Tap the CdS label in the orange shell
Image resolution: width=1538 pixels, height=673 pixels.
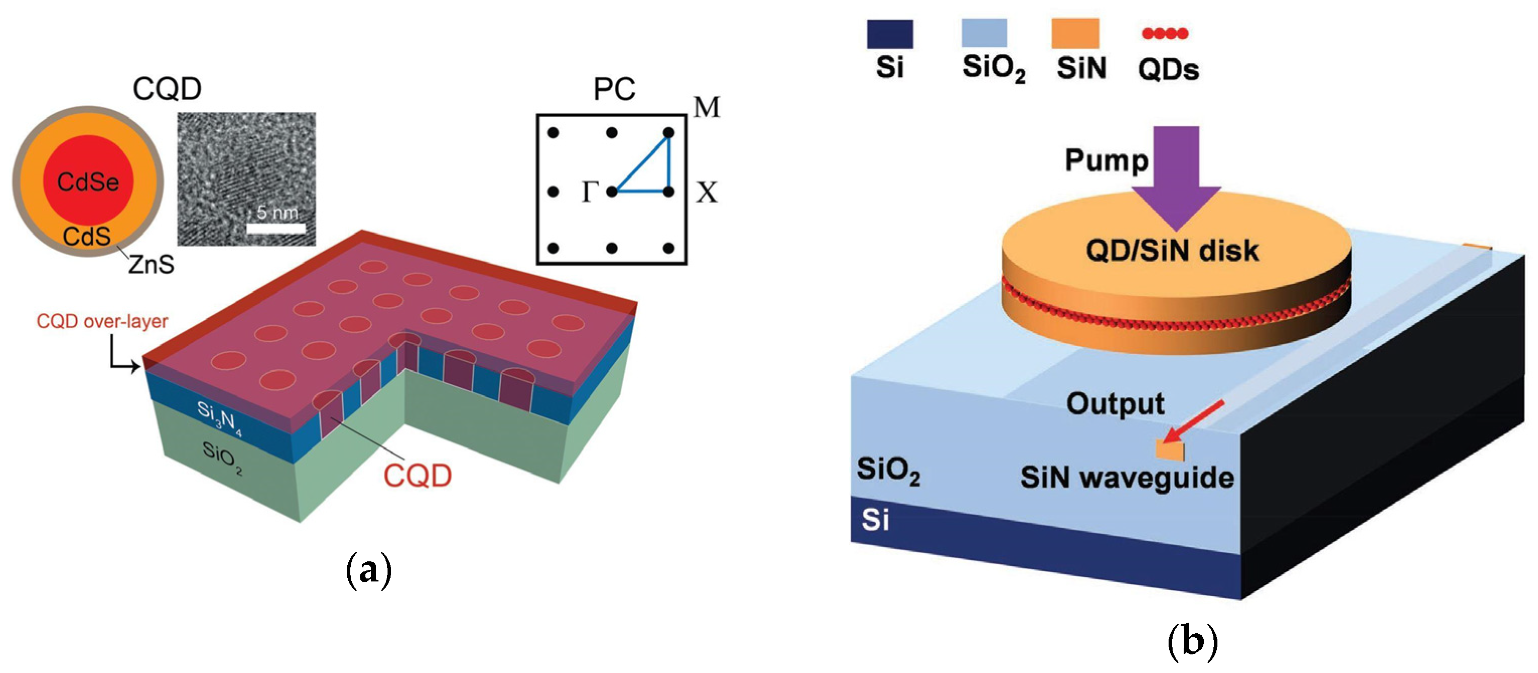tap(87, 237)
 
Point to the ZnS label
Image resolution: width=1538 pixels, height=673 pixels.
tap(151, 264)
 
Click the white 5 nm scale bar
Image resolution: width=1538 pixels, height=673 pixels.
tap(276, 228)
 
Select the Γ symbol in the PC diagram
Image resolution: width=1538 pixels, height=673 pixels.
tap(590, 192)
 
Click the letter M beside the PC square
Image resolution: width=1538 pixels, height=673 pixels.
tap(707, 108)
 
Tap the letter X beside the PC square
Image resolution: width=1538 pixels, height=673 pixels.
tap(707, 193)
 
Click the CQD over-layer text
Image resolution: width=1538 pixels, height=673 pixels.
tap(102, 321)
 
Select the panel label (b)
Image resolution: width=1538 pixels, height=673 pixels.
tap(1192, 643)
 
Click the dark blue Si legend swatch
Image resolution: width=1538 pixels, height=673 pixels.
tap(890, 34)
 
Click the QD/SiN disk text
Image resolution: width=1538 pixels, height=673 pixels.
tap(1172, 251)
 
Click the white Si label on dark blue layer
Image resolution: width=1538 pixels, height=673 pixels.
tap(875, 520)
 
